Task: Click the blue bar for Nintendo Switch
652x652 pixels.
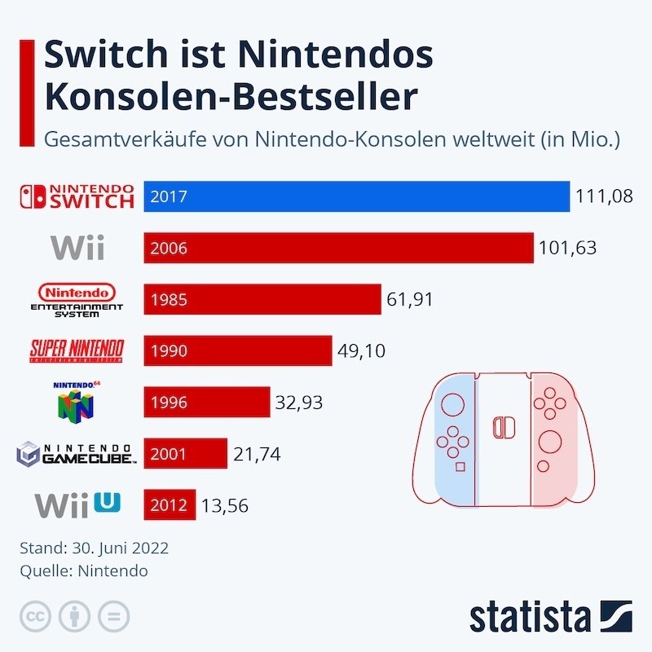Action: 356,196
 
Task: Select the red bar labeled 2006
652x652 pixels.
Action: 337,248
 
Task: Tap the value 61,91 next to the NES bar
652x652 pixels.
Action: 410,299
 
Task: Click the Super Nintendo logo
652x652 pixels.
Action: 77,350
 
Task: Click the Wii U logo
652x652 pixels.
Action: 77,504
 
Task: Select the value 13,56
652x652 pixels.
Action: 225,505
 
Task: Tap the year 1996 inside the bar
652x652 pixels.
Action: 169,402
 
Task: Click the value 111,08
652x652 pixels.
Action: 604,197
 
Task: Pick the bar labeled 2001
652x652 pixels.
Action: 185,453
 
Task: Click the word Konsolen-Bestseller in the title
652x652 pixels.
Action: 231,96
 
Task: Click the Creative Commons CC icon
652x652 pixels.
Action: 36,616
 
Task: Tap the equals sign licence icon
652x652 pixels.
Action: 114,616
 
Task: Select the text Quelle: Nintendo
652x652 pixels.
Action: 83,570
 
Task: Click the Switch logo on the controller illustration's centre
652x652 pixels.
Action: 503,427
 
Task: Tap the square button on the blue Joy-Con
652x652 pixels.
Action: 460,467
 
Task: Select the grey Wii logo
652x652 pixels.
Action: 77,248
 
